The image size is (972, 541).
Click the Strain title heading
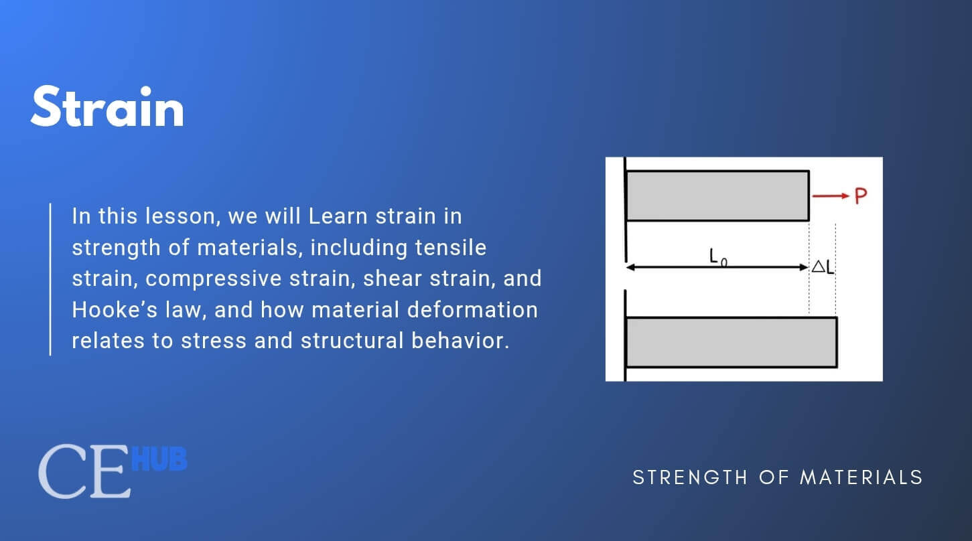(x=107, y=108)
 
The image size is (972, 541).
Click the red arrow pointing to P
(x=830, y=196)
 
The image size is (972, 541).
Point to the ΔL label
(x=823, y=266)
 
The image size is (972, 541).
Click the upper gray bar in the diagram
(x=717, y=196)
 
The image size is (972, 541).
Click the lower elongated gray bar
(x=730, y=342)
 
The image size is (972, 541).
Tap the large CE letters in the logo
(x=84, y=473)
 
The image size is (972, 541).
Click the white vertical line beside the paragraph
(x=50, y=279)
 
